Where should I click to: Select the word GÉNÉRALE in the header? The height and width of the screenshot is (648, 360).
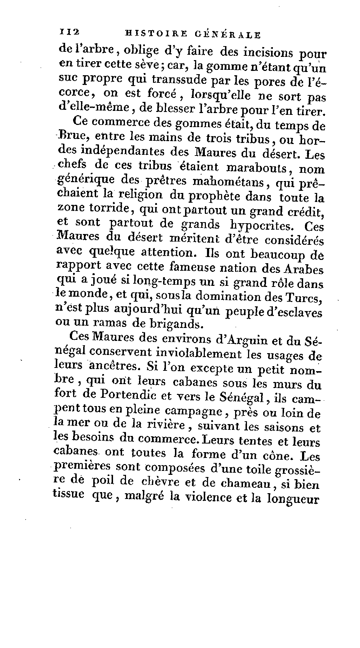point(227,35)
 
